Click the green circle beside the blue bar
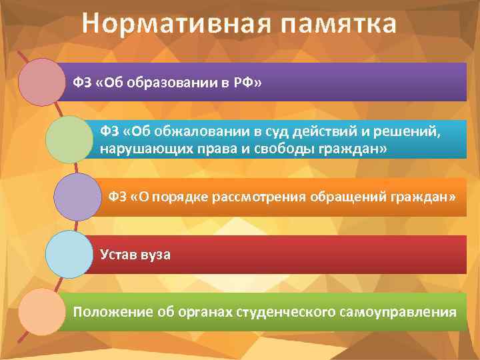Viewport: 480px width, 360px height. (69, 139)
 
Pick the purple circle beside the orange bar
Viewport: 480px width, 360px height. (76, 197)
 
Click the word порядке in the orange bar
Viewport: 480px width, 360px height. (171, 197)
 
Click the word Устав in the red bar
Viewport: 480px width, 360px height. (117, 255)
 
